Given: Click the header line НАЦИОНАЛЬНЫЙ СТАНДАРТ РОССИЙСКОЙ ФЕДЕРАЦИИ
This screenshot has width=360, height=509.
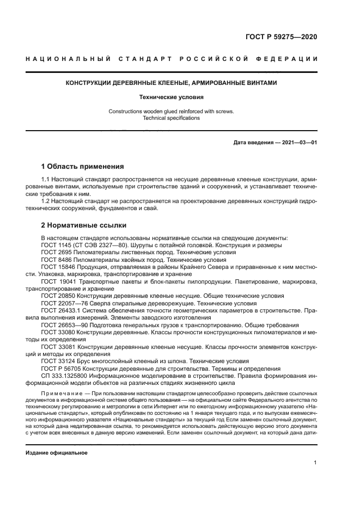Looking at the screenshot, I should [x=172, y=59].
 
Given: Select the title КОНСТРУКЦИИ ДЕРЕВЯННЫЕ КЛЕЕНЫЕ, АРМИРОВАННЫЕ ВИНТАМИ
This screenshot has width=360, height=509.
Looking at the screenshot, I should [x=172, y=83].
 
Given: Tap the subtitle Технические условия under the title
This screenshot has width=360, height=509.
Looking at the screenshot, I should [x=171, y=97].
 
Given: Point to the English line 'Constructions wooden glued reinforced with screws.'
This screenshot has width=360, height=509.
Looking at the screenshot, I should [x=171, y=112].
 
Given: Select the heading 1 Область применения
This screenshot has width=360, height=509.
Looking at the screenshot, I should [x=83, y=167].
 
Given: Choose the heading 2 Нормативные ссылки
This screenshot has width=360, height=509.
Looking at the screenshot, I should [x=84, y=225].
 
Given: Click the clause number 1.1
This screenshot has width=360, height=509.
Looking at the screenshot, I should [x=46, y=179].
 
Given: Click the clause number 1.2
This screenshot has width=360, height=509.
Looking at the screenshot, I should [x=46, y=201].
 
